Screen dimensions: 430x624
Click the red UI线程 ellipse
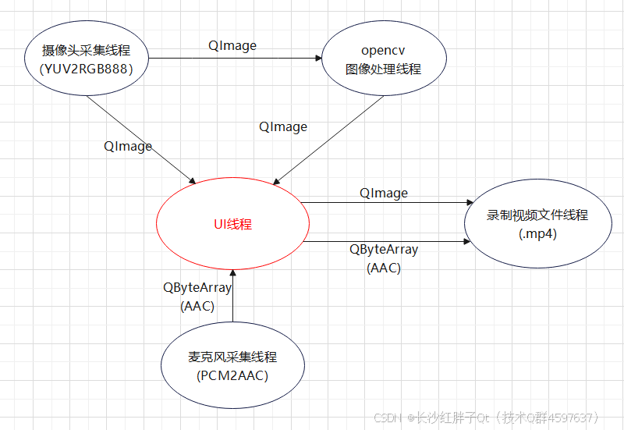point(233,224)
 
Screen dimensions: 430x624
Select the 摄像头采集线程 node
point(85,59)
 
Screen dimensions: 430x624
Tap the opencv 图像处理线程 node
point(383,59)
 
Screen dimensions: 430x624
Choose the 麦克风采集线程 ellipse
point(232,367)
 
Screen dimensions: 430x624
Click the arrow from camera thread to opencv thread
point(234,59)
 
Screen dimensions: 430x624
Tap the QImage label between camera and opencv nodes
point(232,45)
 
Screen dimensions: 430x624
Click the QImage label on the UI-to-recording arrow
point(384,192)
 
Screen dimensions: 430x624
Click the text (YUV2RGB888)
point(86,69)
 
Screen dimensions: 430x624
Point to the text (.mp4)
point(538,233)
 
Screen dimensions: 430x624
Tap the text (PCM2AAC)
point(232,376)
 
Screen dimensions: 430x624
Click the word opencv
point(383,52)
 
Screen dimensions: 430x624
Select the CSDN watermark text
point(387,418)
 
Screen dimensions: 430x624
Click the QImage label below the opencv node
point(283,126)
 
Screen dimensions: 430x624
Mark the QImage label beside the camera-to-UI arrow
point(128,146)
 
